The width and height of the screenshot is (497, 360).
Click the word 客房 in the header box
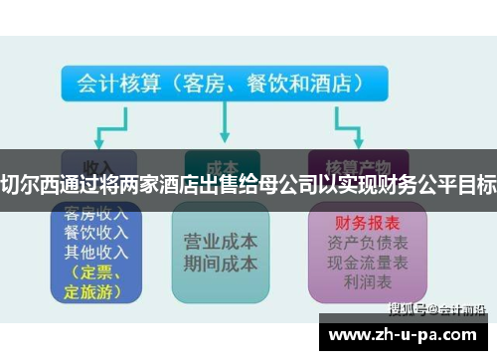click(x=204, y=84)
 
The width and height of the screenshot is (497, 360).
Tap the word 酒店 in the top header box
click(x=342, y=84)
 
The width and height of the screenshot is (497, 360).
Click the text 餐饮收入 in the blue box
click(x=97, y=233)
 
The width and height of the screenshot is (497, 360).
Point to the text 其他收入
click(x=97, y=252)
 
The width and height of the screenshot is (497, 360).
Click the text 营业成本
click(x=221, y=242)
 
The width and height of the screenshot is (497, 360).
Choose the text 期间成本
click(x=221, y=264)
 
